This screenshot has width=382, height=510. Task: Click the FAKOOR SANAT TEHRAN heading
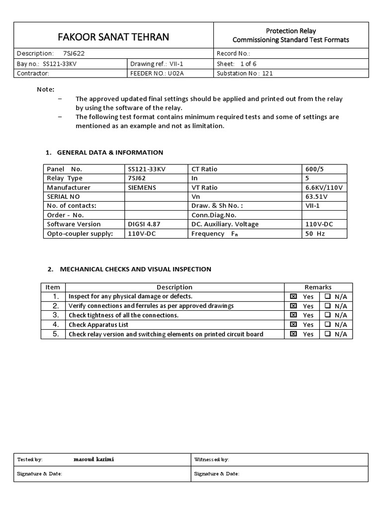pos(113,37)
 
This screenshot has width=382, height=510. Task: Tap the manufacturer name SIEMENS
pos(142,187)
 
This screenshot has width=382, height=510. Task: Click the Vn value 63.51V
pos(316,196)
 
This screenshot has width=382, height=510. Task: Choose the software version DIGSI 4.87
pos(144,224)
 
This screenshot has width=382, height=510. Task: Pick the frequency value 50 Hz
pos(315,233)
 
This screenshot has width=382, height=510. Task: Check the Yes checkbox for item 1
pos(293,296)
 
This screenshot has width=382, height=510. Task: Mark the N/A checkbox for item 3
pos(328,315)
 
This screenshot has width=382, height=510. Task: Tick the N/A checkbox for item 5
pos(328,334)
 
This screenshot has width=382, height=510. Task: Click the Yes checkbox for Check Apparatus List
pos(293,325)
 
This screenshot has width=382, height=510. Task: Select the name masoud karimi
pos(94,459)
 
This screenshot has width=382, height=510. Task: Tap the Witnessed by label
pos(211,459)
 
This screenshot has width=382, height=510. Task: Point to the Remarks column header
pos(318,287)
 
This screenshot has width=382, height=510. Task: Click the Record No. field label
pos(233,53)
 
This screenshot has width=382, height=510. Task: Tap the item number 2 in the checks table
pos(56,305)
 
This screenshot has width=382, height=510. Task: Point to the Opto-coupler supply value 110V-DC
pos(143,233)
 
